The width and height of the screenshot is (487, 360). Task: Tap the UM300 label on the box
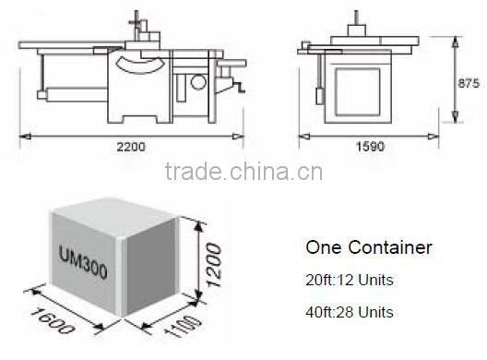pyautogui.click(x=81, y=251)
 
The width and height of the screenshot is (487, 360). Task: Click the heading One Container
pyautogui.click(x=368, y=247)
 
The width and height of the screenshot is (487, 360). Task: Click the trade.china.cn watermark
pyautogui.click(x=242, y=172)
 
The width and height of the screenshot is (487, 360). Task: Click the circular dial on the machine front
pyautogui.click(x=198, y=82)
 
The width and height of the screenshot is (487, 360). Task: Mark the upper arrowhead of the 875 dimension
pyautogui.click(x=457, y=40)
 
